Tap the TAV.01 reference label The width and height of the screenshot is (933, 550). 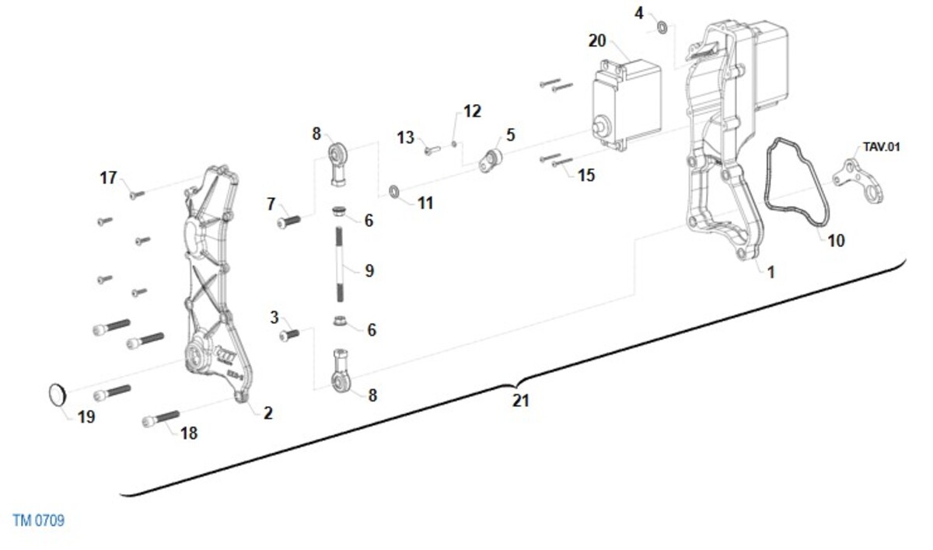coord(881,147)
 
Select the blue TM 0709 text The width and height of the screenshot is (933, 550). coord(39,520)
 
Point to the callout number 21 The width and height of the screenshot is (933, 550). coord(521,401)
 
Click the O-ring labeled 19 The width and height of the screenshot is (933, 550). coord(54,394)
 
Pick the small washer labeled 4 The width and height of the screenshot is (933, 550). coord(662,29)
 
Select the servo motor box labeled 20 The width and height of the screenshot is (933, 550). coord(627,103)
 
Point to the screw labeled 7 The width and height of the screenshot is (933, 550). coord(288,221)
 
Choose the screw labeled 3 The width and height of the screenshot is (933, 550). coord(289,335)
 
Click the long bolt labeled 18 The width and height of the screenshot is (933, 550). coord(161,419)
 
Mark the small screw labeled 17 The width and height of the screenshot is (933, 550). coord(137,194)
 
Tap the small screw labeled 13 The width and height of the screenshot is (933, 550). coord(432,151)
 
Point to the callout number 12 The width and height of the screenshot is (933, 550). coord(472,111)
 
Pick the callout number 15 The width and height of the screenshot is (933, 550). coord(586,175)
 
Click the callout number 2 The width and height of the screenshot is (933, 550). coord(267,412)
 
